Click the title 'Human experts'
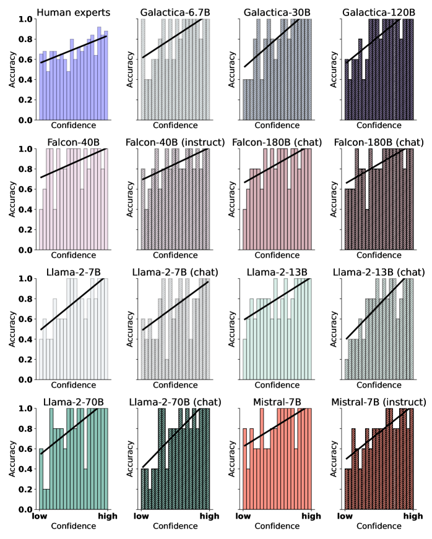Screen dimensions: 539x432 point(74,12)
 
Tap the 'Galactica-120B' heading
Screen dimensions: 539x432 point(379,12)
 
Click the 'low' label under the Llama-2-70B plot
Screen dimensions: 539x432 point(41,516)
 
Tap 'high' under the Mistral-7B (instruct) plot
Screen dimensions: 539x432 point(413,516)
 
